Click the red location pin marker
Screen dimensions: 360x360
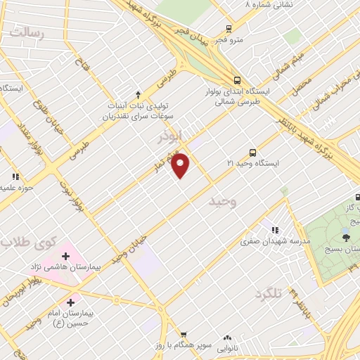181,165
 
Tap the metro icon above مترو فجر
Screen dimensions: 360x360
229,29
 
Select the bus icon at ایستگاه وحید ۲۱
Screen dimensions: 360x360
252,152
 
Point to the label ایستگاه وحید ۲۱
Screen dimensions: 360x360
252,163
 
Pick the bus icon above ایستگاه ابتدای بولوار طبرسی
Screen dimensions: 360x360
238,80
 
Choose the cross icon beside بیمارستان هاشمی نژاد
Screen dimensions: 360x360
65,256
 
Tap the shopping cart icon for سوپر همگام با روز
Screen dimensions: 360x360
183,335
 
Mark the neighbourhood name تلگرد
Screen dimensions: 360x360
268,293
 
